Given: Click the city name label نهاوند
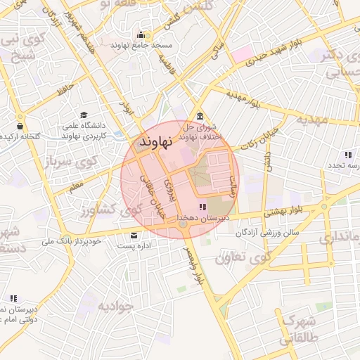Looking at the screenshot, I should click(156, 141).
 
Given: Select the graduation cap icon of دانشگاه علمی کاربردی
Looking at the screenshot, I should click(84, 115).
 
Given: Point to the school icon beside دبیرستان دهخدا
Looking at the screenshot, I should click(202, 207).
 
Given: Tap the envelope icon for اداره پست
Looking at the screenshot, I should click(134, 234).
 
